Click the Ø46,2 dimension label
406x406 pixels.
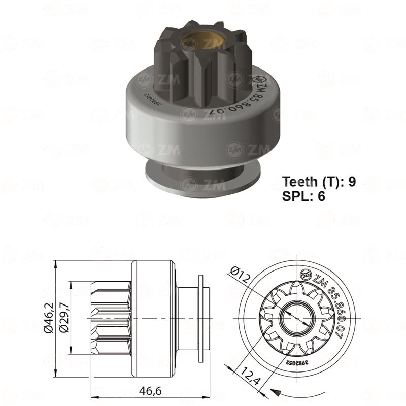[x=48, y=319]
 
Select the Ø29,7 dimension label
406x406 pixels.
[x=64, y=319]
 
